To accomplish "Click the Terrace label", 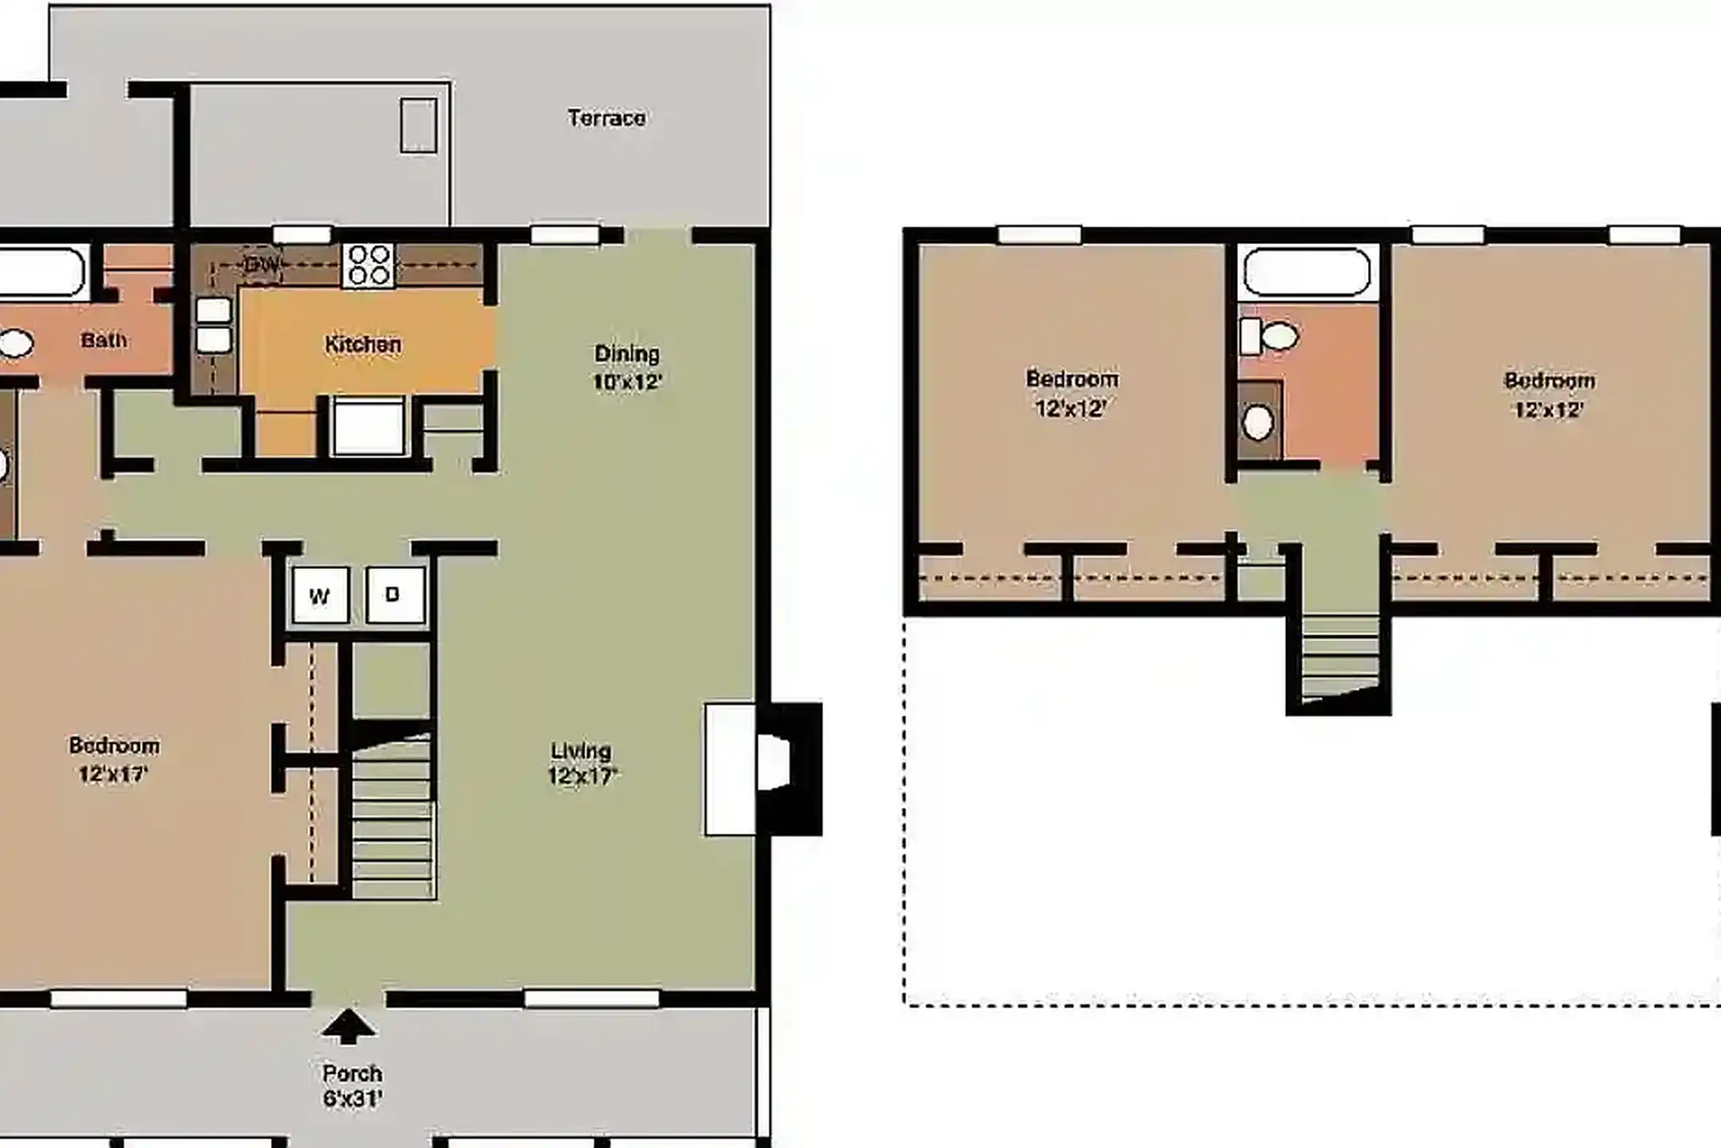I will click(x=606, y=118).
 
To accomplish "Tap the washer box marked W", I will click(x=320, y=596).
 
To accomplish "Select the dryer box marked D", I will click(x=394, y=595).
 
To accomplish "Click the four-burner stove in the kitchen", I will click(x=369, y=265).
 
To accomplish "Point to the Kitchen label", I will click(x=363, y=344).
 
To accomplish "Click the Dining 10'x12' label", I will click(x=627, y=368).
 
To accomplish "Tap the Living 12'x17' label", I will click(x=582, y=764).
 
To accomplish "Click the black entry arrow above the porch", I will click(x=348, y=1026).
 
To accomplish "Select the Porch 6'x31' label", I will click(x=352, y=1086).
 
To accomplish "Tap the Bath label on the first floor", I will click(x=104, y=340).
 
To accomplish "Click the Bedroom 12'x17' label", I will click(x=114, y=760).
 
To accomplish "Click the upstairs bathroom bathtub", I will click(x=1307, y=272).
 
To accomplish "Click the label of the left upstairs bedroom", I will click(x=1072, y=393).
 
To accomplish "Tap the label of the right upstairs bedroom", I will click(x=1549, y=395).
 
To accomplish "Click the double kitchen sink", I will click(x=214, y=325).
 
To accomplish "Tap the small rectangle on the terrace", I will click(x=418, y=125).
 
